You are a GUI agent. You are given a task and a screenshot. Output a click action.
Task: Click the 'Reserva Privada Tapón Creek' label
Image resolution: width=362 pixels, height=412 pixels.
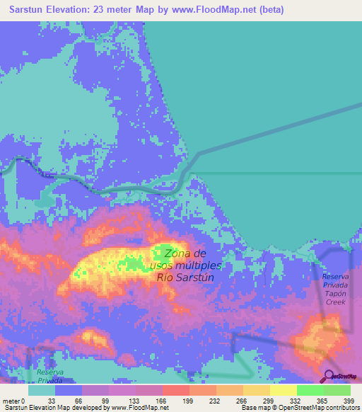coord(336,289)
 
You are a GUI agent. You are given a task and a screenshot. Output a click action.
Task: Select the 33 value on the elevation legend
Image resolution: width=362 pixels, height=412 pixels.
coord(52,400)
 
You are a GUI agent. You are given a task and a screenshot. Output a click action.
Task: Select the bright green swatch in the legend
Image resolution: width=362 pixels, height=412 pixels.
coord(310,390)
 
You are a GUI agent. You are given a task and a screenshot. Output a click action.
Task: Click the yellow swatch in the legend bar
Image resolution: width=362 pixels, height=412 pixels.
coord(284,390)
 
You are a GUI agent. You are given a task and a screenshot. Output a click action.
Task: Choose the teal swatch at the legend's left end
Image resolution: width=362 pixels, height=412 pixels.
coord(42,390)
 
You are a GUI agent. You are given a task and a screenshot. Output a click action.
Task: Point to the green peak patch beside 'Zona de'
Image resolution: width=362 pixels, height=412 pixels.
coord(159,253)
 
